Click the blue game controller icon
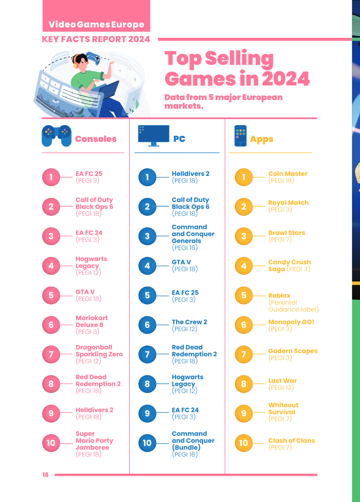coord(57,136)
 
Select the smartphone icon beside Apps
coord(241,136)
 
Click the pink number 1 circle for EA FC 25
coord(51,177)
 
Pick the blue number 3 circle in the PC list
coord(147,236)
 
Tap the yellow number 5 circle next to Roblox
coord(244,295)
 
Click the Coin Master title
coord(288,174)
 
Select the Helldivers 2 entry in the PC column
coord(190,174)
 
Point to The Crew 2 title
coord(189,322)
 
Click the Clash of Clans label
coord(292,440)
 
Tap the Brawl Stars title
coord(287,233)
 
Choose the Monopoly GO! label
coord(291,322)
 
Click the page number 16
coord(45,475)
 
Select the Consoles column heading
coord(96,139)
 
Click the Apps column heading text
coord(261,139)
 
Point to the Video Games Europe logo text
coord(96,24)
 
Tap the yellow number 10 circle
coord(244,443)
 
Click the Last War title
coord(283,381)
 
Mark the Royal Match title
coord(288,203)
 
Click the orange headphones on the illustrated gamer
coord(76,62)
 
